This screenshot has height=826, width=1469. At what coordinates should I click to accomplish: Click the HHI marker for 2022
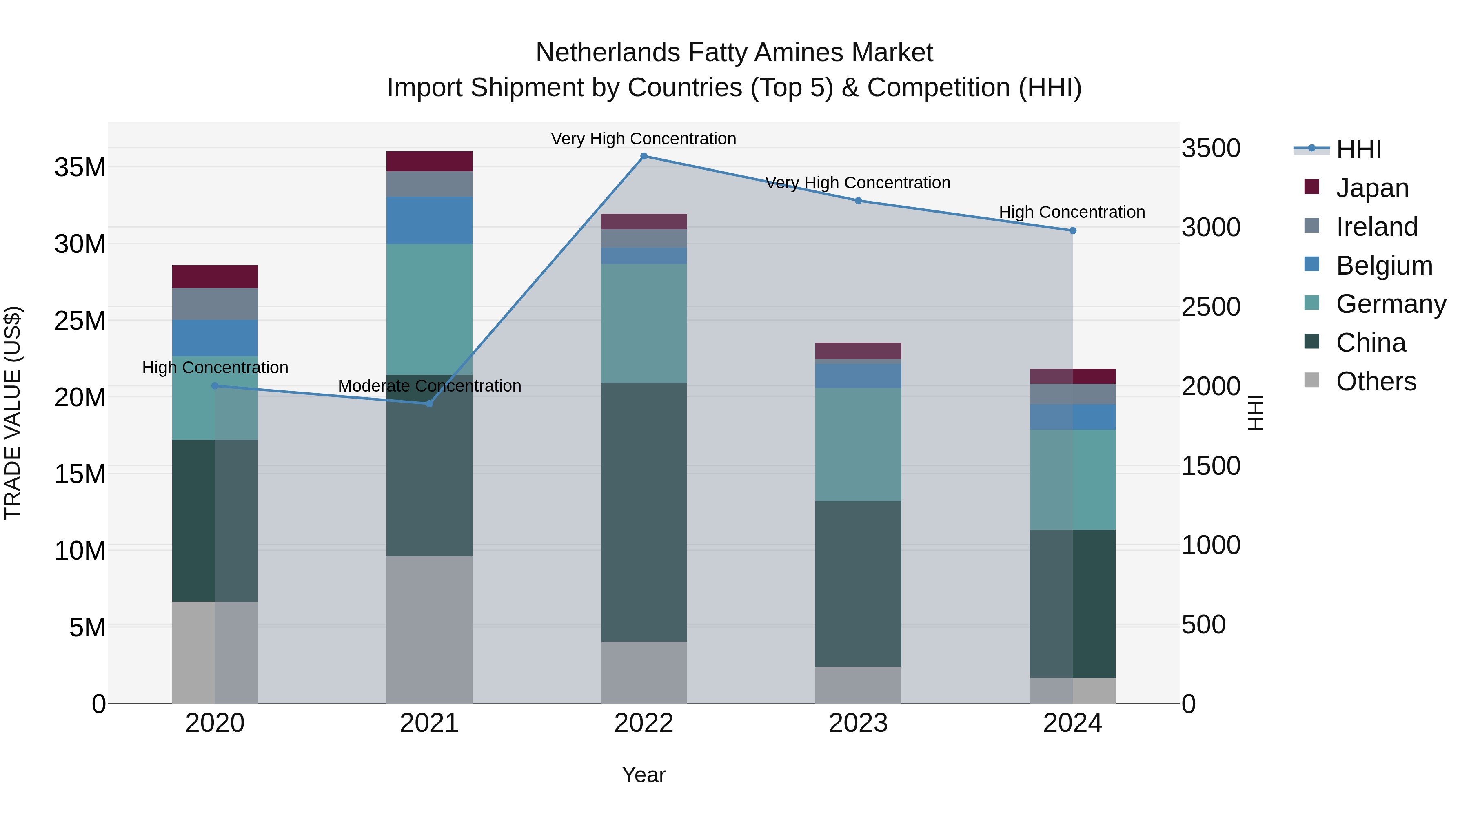click(644, 156)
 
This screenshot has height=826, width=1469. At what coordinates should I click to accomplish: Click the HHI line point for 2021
click(429, 403)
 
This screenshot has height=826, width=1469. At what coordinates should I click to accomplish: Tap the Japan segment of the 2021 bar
click(429, 161)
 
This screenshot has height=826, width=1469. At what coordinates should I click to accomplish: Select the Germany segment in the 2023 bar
click(858, 445)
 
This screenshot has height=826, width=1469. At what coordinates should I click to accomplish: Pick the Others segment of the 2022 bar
click(644, 673)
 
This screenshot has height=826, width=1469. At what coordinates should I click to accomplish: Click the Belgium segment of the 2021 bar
click(429, 220)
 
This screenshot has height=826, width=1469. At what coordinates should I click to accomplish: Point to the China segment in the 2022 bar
click(644, 512)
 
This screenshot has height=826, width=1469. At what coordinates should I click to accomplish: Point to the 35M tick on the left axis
click(80, 168)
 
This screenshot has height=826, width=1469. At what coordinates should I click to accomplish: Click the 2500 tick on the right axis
click(1211, 307)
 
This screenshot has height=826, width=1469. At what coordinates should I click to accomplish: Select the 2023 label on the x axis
click(858, 723)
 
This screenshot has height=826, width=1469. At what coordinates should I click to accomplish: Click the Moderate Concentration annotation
click(429, 386)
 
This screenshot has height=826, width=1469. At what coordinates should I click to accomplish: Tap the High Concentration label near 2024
click(1072, 212)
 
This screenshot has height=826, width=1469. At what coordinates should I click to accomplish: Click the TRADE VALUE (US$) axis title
click(13, 413)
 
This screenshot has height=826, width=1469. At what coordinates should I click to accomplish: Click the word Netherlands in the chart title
click(608, 53)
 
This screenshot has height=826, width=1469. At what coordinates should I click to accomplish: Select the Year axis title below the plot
click(644, 775)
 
